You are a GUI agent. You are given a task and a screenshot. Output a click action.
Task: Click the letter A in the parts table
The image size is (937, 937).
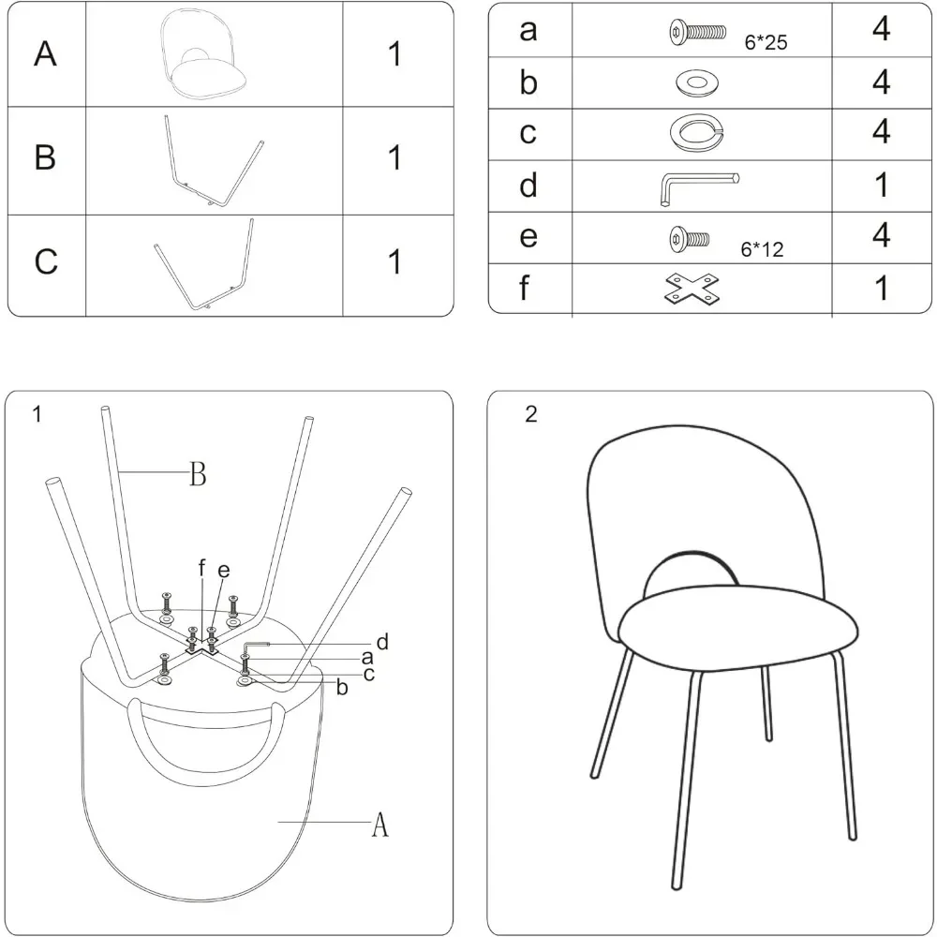click(45, 54)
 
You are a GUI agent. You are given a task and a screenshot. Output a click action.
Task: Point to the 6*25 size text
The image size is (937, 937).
click(766, 42)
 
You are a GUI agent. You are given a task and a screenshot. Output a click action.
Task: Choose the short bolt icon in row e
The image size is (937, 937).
click(689, 238)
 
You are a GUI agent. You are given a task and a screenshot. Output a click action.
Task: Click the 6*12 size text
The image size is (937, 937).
click(762, 250)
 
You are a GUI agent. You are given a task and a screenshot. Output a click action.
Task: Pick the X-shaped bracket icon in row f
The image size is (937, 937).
click(692, 290)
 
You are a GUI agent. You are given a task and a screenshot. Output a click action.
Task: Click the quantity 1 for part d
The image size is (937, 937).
click(881, 186)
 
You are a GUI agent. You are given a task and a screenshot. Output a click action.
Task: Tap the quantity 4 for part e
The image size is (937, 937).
click(881, 236)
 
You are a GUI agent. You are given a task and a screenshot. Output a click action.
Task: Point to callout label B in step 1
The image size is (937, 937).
click(197, 475)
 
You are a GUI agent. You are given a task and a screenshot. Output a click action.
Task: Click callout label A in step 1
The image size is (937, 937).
click(379, 825)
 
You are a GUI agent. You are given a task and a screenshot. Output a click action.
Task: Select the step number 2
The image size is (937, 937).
click(531, 415)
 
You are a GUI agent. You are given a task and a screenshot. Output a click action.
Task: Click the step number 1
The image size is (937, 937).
click(37, 414)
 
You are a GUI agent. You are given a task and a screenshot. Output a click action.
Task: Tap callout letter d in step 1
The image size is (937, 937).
click(381, 642)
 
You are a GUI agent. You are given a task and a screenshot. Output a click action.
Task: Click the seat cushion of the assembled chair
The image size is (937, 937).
click(740, 631)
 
